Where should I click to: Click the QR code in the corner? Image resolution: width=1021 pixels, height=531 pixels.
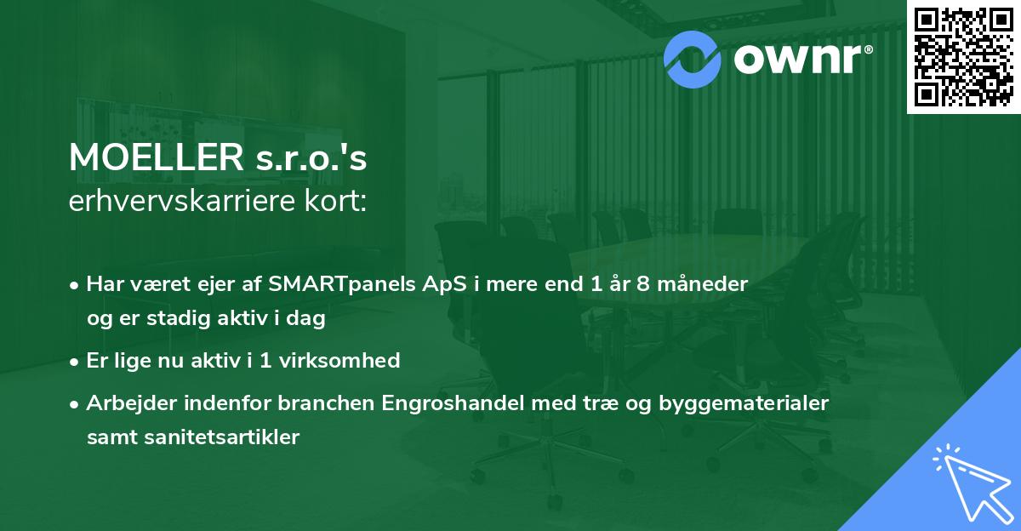point(962,56)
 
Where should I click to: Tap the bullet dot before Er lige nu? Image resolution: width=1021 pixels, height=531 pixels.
point(76,361)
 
